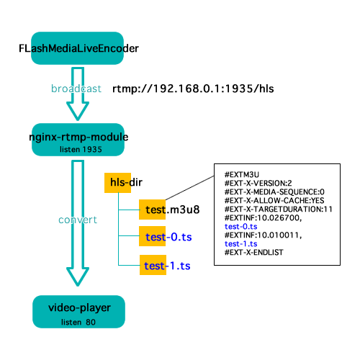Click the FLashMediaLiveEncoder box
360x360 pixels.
78,49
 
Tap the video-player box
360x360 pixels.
78,311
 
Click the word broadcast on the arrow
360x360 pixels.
76,89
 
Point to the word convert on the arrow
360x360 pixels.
76,219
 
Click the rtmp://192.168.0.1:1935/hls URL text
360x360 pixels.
194,89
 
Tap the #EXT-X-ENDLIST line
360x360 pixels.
253,254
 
